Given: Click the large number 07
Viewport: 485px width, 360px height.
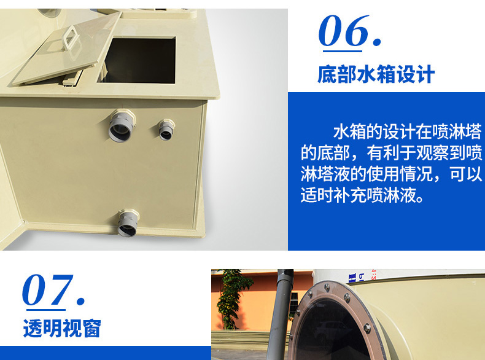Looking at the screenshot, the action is pos(53,290).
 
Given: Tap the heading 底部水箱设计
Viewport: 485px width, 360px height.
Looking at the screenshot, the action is pos(376,74).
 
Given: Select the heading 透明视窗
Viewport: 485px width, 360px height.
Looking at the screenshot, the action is pos(62,328).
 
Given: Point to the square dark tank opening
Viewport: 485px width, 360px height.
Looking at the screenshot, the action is pos(137,60).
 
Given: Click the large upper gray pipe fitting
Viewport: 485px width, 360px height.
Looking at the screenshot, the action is pos(122,125).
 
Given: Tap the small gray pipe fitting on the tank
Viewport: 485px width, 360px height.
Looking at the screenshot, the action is pos(166,130).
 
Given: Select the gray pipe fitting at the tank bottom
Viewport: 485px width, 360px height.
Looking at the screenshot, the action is pos(128,223).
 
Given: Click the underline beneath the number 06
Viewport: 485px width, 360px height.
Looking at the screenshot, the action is pos(343,51).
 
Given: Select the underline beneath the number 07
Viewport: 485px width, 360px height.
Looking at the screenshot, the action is pos(46,310).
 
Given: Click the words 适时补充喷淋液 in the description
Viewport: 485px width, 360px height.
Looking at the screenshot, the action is pos(358,195).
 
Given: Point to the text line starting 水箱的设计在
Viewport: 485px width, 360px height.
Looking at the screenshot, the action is pos(408,131).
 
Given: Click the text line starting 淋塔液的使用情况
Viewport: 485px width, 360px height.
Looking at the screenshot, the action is pos(391,174).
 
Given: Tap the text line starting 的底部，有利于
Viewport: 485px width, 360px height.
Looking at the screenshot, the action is pos(391,152).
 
